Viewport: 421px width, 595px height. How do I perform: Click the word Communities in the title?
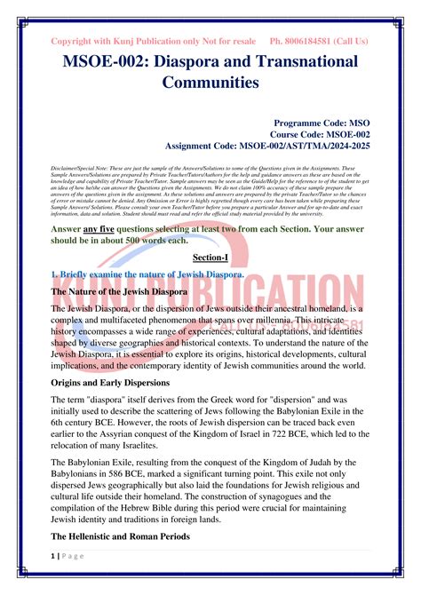click(x=210, y=83)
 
